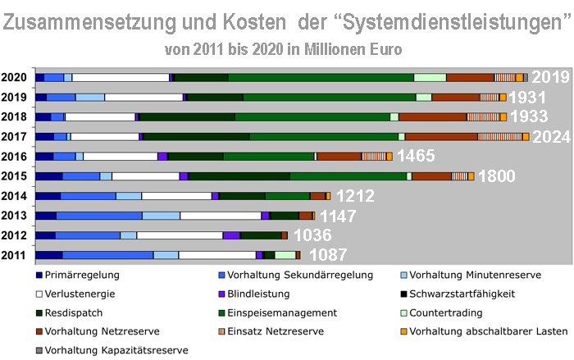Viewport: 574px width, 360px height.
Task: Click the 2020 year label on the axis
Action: (14, 78)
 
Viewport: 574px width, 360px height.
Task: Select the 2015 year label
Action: (14, 176)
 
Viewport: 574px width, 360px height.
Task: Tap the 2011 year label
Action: (14, 255)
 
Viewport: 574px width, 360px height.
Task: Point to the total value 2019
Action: (549, 78)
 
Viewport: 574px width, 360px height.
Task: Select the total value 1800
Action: (496, 176)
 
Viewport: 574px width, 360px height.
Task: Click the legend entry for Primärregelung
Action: (84, 276)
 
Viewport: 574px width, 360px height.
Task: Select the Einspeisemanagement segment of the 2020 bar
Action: (321, 78)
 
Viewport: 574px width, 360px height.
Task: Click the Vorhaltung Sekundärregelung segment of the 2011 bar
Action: (107, 255)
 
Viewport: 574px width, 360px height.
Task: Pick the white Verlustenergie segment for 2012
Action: (179, 235)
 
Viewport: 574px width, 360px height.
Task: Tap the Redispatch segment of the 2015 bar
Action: (239, 176)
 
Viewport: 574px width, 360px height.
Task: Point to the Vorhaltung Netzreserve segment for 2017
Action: (440, 137)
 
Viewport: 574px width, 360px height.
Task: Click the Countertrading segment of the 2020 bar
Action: (430, 78)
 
